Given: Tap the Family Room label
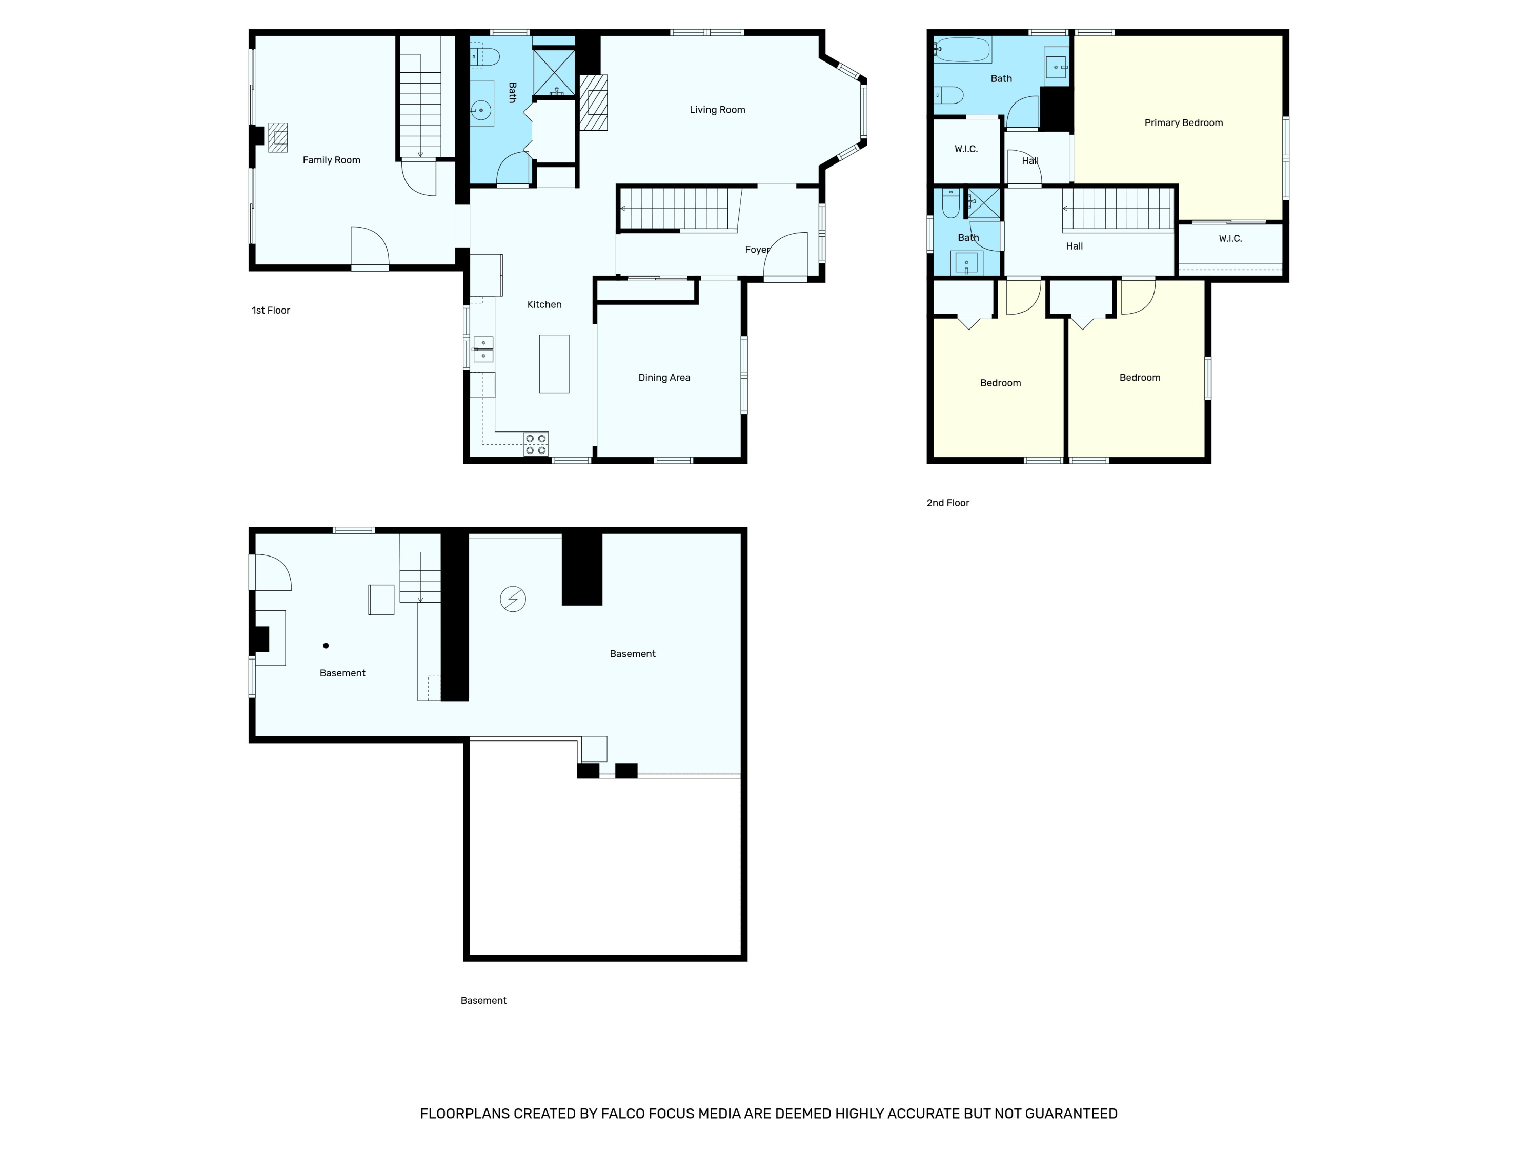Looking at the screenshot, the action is coord(331,160).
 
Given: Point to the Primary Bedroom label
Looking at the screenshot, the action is coord(1183,123).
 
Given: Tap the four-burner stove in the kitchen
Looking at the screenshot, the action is coord(535,444).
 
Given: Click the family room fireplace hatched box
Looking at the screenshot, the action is coord(277,138).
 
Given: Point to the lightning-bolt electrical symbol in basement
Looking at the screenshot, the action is coord(513,599).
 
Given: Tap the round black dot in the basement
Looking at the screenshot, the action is coord(326,646).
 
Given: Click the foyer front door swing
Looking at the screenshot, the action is coord(786,255).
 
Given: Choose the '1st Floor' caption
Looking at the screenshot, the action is coord(271,311).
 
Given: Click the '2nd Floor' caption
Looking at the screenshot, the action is coord(948,503).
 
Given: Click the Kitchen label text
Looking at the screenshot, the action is coord(544,304).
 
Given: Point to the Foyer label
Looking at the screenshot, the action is coord(757,250).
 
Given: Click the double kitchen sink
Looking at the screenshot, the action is coord(483,349).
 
